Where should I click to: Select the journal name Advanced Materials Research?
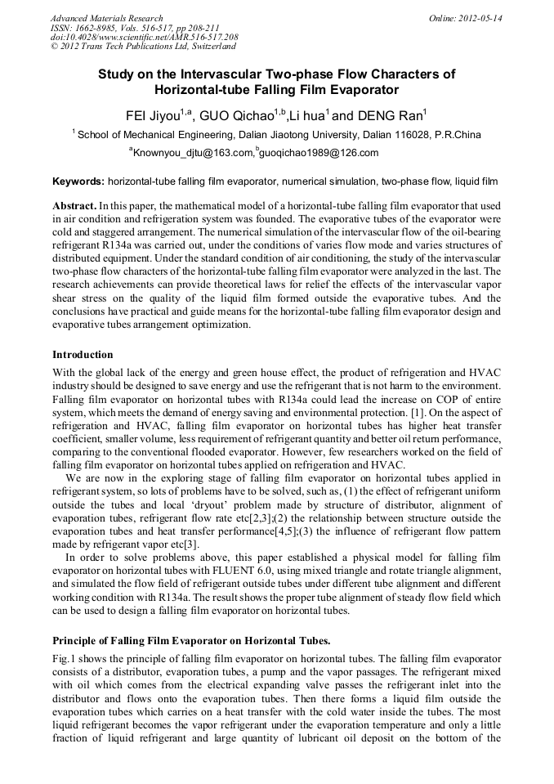[106, 18]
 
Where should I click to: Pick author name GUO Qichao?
[237, 114]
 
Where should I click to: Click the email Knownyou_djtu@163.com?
[193, 153]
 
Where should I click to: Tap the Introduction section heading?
[83, 355]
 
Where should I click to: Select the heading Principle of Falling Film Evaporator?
[191, 640]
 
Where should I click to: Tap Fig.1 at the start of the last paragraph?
[65, 659]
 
